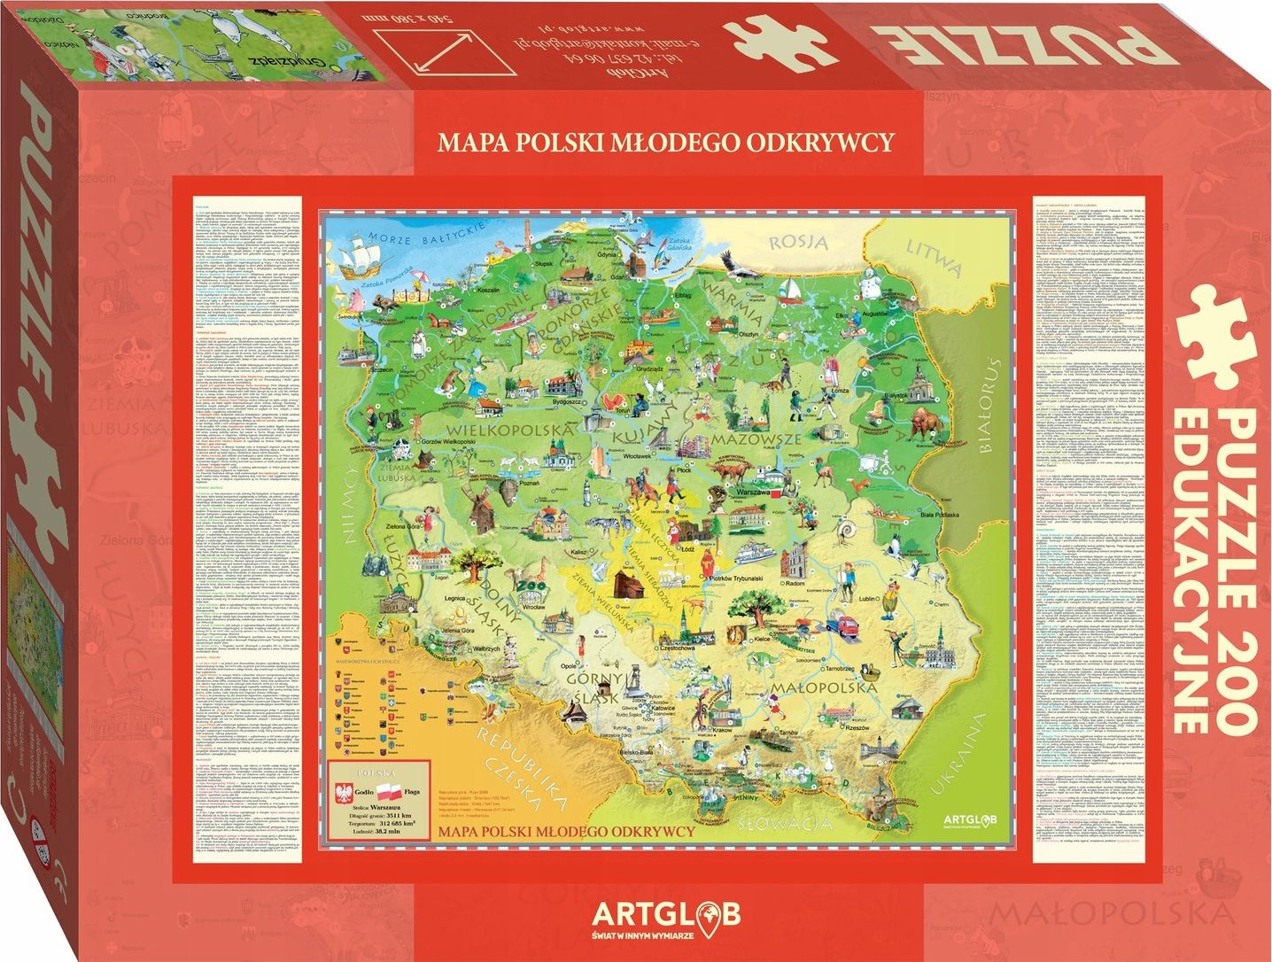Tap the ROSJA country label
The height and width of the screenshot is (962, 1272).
pos(798,241)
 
